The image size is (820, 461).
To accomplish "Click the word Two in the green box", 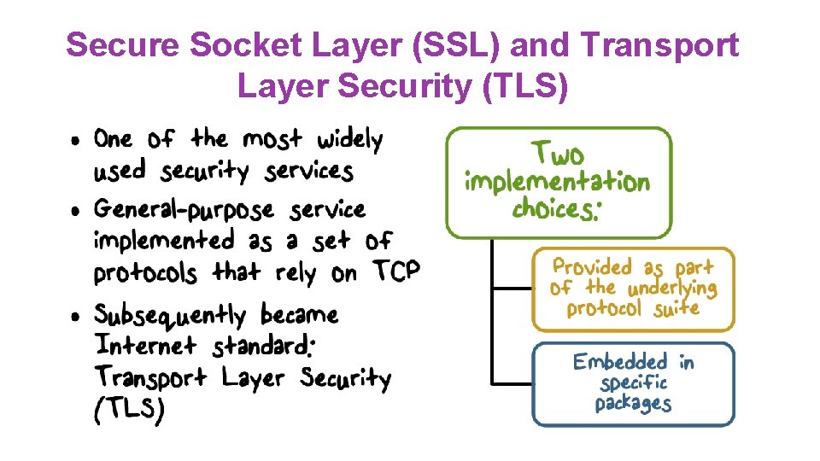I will coord(558,155).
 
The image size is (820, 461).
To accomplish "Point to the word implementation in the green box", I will coord(557,182).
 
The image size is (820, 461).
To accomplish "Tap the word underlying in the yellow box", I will coord(672,288).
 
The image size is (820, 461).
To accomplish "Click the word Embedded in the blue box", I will coord(620,362).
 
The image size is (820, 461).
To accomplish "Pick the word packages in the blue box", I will coord(633,402).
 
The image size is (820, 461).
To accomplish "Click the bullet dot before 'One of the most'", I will coord(77,140).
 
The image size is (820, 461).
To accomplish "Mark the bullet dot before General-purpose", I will coord(77,210).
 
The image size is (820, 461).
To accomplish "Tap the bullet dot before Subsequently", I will coord(77,316).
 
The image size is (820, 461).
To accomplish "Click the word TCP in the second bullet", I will coord(396,272).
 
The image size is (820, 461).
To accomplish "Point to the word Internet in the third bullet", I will coord(146,346).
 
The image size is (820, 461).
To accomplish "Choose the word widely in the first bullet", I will coord(349,138).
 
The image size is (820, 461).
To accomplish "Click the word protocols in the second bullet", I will coord(144,273).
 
